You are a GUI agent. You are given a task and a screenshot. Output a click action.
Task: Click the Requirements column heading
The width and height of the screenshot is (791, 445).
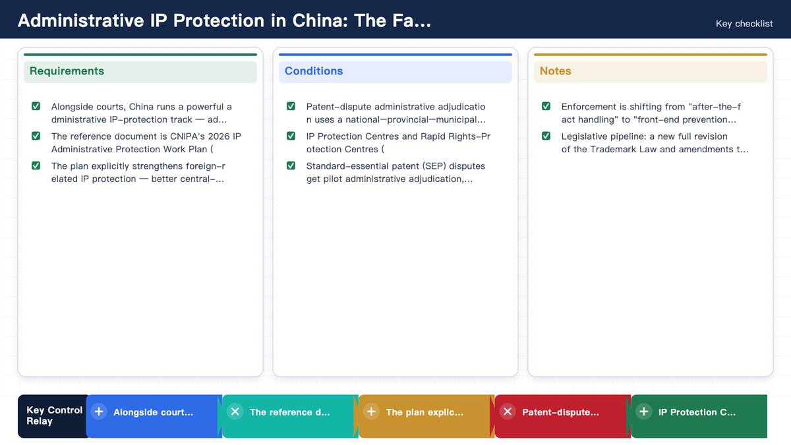(67, 71)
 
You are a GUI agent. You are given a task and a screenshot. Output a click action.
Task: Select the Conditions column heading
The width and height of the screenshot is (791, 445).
(314, 71)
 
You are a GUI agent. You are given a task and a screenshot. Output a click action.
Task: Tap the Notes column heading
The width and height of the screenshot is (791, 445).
(555, 71)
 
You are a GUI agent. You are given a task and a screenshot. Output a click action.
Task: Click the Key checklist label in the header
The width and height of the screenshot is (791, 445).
(744, 24)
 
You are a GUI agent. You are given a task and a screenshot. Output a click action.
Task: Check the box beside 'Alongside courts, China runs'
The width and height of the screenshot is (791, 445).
(36, 106)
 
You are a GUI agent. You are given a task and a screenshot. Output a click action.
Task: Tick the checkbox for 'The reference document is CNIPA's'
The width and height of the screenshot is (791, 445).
(36, 136)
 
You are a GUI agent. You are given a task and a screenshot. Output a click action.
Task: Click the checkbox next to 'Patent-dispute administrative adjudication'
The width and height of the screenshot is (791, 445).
(291, 106)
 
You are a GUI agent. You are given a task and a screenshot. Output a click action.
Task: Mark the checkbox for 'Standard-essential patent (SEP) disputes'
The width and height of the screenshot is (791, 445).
(291, 165)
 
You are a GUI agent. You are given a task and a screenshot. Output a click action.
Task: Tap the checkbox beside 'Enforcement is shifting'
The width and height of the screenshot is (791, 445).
(546, 106)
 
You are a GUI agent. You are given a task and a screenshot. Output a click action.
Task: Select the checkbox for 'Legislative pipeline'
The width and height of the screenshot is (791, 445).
(546, 136)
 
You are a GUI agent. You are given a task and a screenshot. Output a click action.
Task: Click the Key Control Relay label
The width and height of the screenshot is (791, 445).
(54, 416)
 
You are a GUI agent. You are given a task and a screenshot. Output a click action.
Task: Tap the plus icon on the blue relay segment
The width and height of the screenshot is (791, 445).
(99, 412)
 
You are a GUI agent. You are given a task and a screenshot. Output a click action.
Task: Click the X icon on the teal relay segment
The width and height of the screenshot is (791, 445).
(235, 412)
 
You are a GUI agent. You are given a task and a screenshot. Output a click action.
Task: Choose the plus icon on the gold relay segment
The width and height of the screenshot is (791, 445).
(371, 412)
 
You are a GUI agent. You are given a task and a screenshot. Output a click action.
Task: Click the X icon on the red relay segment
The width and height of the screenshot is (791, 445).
(508, 412)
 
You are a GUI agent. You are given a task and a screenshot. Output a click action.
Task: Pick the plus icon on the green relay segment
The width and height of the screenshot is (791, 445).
(644, 412)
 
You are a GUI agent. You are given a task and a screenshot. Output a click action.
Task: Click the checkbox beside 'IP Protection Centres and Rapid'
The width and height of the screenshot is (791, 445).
(291, 136)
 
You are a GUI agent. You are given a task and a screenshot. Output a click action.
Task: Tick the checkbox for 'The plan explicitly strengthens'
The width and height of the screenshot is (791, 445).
(36, 165)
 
